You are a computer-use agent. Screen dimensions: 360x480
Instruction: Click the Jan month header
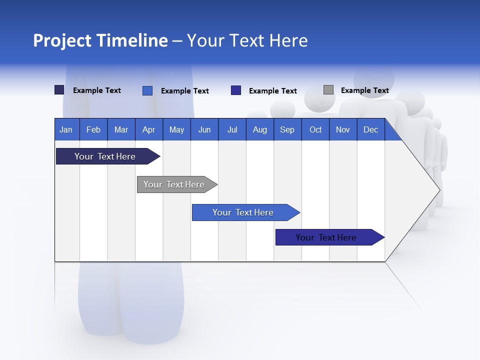(x=66, y=129)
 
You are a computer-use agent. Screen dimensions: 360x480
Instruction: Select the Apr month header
(x=148, y=129)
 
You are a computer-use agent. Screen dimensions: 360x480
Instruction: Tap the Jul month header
(x=232, y=129)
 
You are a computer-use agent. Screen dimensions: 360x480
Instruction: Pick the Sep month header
(x=287, y=129)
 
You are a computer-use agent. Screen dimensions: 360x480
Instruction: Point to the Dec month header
(x=370, y=129)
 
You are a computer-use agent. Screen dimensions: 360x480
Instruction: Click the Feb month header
(x=93, y=129)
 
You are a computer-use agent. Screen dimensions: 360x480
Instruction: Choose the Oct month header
(x=315, y=129)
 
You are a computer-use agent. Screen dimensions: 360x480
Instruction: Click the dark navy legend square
(x=59, y=90)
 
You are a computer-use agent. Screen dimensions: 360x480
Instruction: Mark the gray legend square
(x=328, y=90)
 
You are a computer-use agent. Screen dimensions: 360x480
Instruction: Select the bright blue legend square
(x=147, y=90)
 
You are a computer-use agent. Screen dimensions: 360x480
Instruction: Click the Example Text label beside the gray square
(x=364, y=90)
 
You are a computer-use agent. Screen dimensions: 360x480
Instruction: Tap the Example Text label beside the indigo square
(x=272, y=91)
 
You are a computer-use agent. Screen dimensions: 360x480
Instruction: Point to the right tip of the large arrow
(x=439, y=190)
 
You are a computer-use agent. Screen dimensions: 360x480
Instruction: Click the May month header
(x=176, y=129)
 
